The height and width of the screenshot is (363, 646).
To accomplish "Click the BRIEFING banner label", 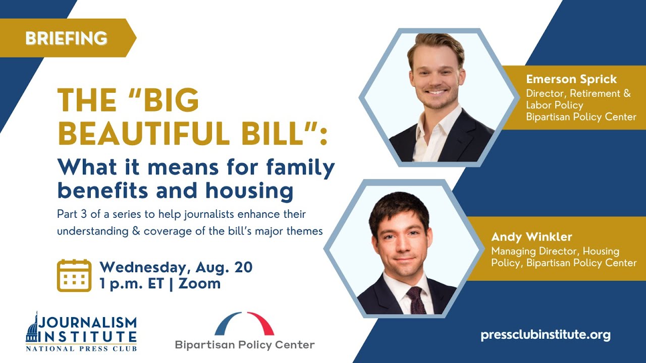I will [x=66, y=38].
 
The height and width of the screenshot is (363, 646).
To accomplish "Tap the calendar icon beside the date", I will [x=74, y=275].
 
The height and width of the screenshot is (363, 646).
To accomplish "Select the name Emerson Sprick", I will [x=571, y=79].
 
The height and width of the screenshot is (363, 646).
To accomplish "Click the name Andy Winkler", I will [x=531, y=236].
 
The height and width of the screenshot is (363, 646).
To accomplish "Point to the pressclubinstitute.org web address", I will [x=546, y=335].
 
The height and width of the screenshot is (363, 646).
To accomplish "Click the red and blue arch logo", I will [x=244, y=324].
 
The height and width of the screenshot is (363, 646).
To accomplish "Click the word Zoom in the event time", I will [x=200, y=283].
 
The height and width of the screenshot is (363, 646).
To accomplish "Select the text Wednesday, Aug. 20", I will [x=176, y=267].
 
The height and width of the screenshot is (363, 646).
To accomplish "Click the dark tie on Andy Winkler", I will [x=416, y=300].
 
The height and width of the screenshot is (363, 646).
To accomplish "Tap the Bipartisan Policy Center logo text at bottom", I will [x=244, y=345].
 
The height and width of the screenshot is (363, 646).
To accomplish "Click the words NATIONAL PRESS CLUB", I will [x=81, y=348].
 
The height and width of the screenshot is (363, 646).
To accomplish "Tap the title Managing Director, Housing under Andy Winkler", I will [x=555, y=251].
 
